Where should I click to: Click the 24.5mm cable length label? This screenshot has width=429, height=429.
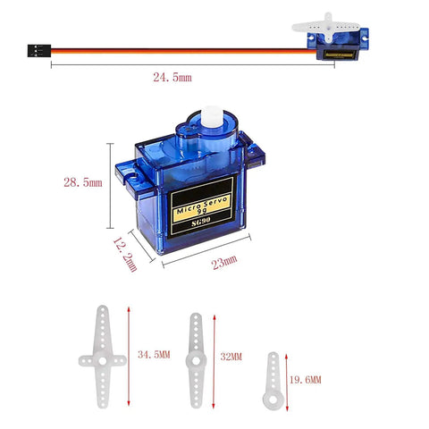pos(172,79)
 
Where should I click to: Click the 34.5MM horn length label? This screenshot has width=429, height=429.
pos(154,355)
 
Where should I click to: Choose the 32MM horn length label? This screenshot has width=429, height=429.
pos(232,356)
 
